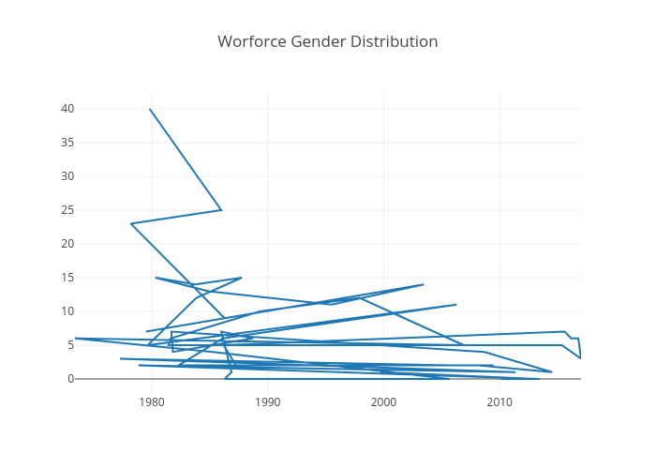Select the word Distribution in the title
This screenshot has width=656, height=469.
tap(394, 42)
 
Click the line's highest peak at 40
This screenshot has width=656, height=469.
tap(150, 109)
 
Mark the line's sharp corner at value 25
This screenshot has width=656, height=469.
tap(221, 210)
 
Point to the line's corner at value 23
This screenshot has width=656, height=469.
tap(131, 223)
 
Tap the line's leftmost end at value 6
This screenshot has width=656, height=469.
tap(75, 338)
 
